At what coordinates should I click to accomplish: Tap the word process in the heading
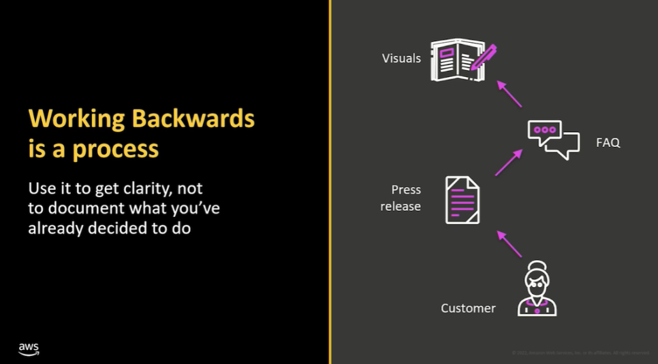pyautogui.click(x=115, y=149)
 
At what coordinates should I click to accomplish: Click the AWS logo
pyautogui.click(x=29, y=348)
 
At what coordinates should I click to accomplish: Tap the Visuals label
pyautogui.click(x=401, y=59)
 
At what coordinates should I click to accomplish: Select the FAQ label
pyautogui.click(x=608, y=143)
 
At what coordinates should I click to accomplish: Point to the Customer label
pyautogui.click(x=468, y=308)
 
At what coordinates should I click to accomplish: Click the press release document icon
pyautogui.click(x=463, y=199)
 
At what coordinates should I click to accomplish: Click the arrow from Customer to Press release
pyautogui.click(x=509, y=243)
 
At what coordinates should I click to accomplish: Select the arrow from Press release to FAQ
pyautogui.click(x=508, y=163)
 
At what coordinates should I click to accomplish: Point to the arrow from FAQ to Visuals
pyautogui.click(x=509, y=94)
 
